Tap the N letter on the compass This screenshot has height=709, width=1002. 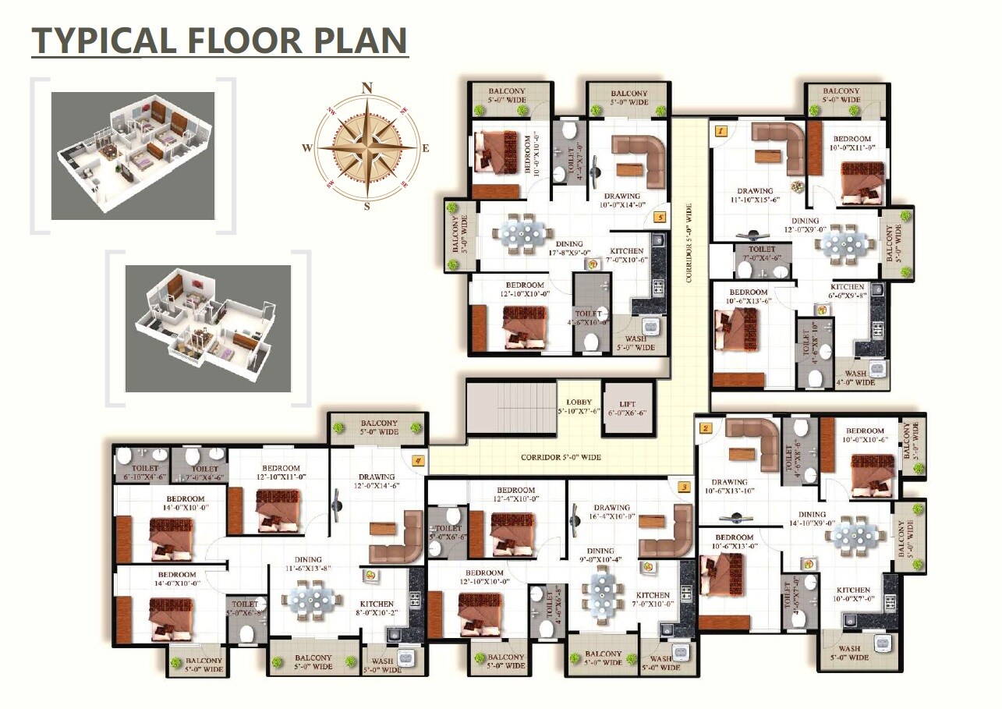(367, 87)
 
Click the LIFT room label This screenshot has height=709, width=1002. (627, 407)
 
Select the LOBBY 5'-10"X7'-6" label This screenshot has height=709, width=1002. (579, 406)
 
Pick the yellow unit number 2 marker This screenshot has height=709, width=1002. (706, 428)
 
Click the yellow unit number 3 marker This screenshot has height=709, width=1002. (684, 488)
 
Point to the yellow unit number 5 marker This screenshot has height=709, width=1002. (660, 218)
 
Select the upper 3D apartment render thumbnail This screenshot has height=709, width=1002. (133, 155)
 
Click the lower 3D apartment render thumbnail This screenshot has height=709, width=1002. (207, 328)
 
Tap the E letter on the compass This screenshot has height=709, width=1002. (425, 148)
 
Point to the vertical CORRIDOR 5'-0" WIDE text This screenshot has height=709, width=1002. (688, 243)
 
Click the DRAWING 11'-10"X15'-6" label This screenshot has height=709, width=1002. (755, 196)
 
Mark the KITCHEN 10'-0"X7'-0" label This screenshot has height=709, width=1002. (853, 595)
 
